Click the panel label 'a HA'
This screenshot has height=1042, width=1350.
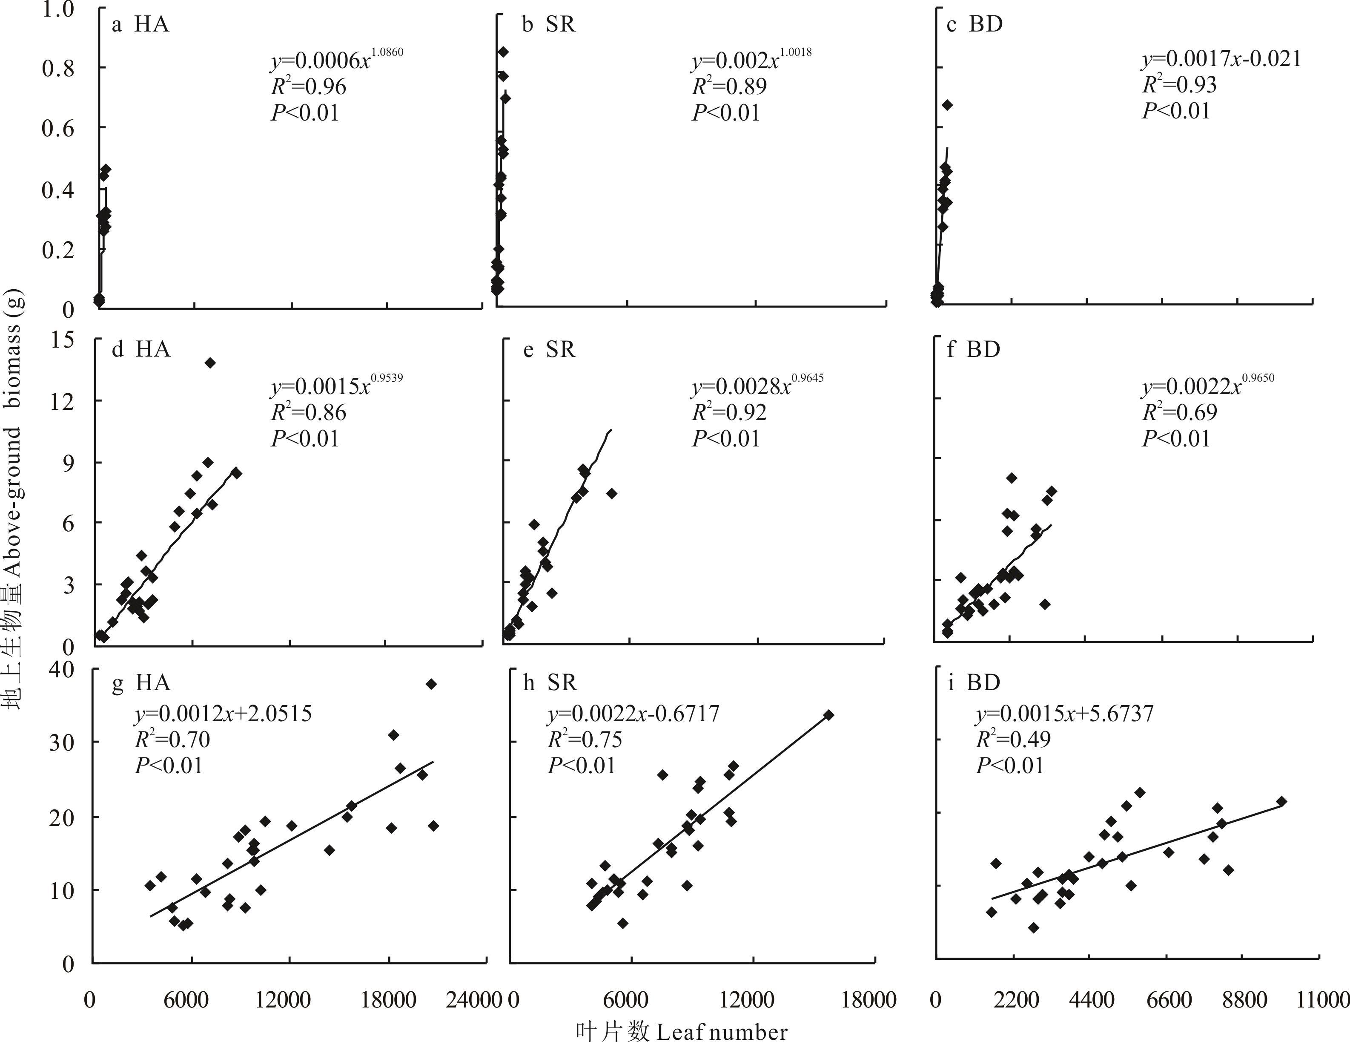click(x=140, y=24)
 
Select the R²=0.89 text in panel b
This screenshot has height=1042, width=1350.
click(x=729, y=86)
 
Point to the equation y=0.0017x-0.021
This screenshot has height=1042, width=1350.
click(x=1221, y=59)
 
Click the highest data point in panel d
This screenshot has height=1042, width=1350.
click(x=210, y=363)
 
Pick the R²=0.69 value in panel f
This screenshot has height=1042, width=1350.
click(x=1179, y=412)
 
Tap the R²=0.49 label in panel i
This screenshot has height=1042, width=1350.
click(x=1013, y=740)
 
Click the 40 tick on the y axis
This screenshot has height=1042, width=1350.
click(x=61, y=669)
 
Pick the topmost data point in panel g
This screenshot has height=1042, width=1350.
click(x=431, y=684)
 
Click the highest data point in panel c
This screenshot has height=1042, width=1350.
click(x=947, y=105)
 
